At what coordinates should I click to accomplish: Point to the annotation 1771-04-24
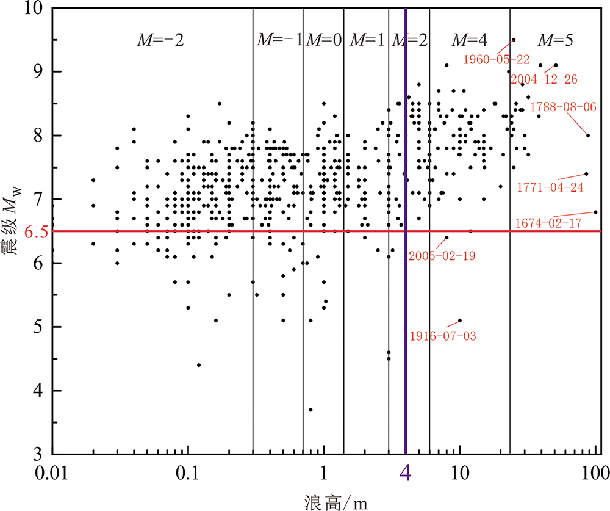[550, 186]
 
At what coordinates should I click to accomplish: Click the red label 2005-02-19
[442, 255]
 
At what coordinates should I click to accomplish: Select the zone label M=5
[554, 41]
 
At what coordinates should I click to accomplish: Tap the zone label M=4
[468, 41]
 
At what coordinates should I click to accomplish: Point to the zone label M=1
[367, 41]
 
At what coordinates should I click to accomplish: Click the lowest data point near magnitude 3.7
[310, 410]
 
